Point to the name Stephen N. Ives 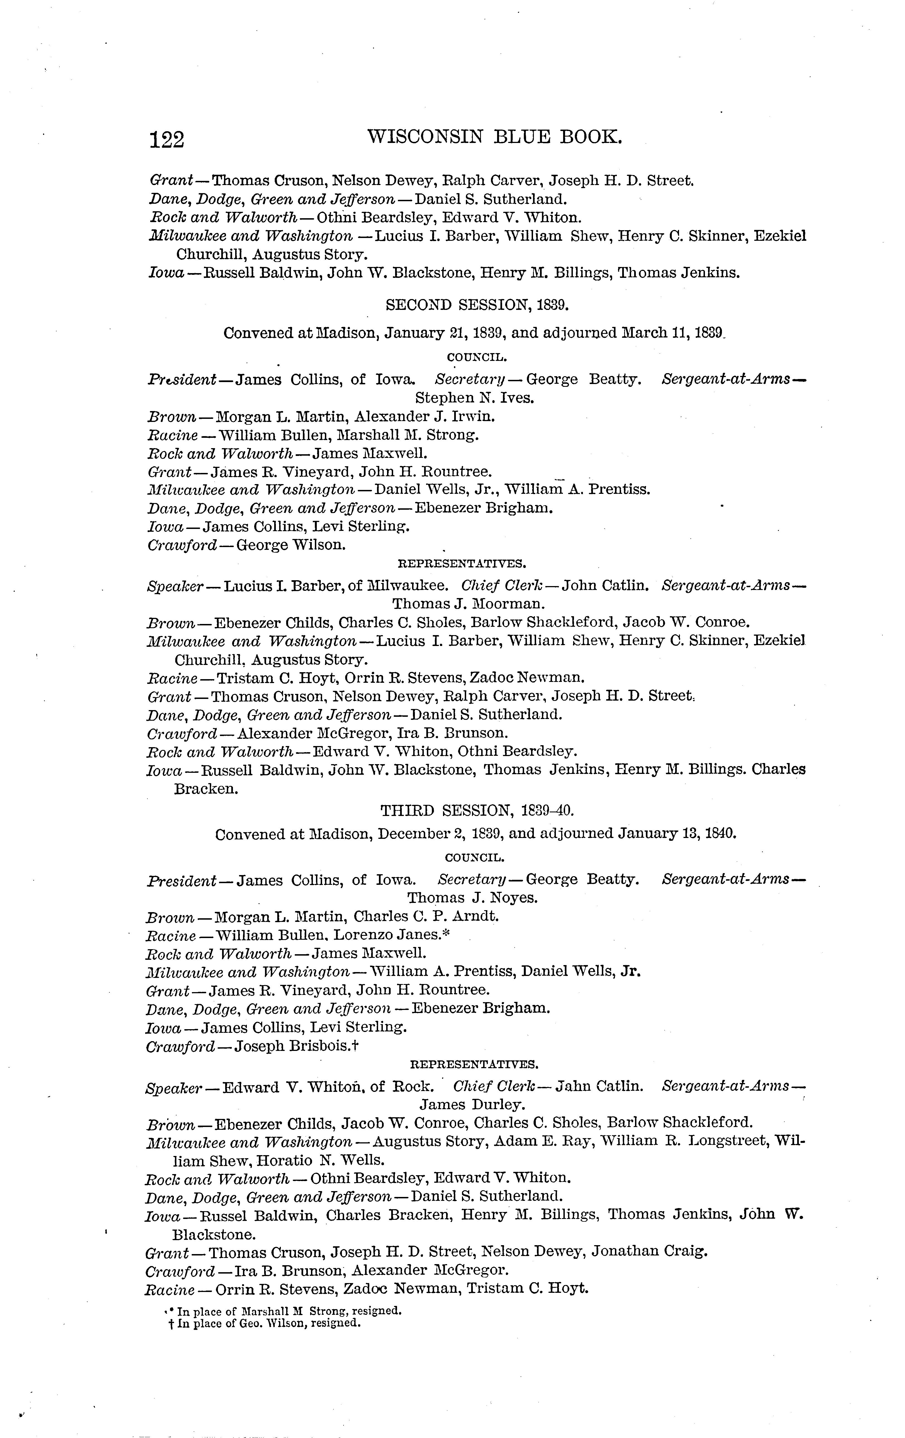[475, 398]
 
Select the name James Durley [472, 1105]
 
